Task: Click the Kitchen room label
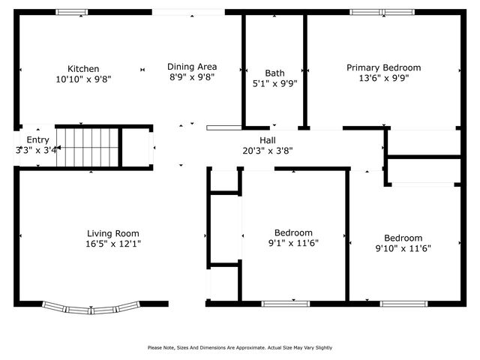point(82,68)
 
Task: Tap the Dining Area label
point(191,66)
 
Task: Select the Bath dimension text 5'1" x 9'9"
point(274,84)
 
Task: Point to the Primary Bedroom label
point(383,67)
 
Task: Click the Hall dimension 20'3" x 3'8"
point(267,151)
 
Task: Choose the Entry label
point(37,140)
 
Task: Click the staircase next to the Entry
point(88,147)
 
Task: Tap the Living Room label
point(112,233)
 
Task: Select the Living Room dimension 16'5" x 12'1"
point(112,244)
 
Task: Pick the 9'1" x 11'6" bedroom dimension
point(293,244)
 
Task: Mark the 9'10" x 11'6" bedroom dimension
point(403,248)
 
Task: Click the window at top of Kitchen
point(72,12)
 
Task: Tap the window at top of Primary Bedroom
point(382,12)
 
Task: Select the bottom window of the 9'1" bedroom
point(285,304)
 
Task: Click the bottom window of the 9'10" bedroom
point(403,304)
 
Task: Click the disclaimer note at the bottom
point(240,347)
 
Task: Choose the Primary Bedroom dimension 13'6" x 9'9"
point(383,78)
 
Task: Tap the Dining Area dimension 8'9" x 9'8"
point(191,76)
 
